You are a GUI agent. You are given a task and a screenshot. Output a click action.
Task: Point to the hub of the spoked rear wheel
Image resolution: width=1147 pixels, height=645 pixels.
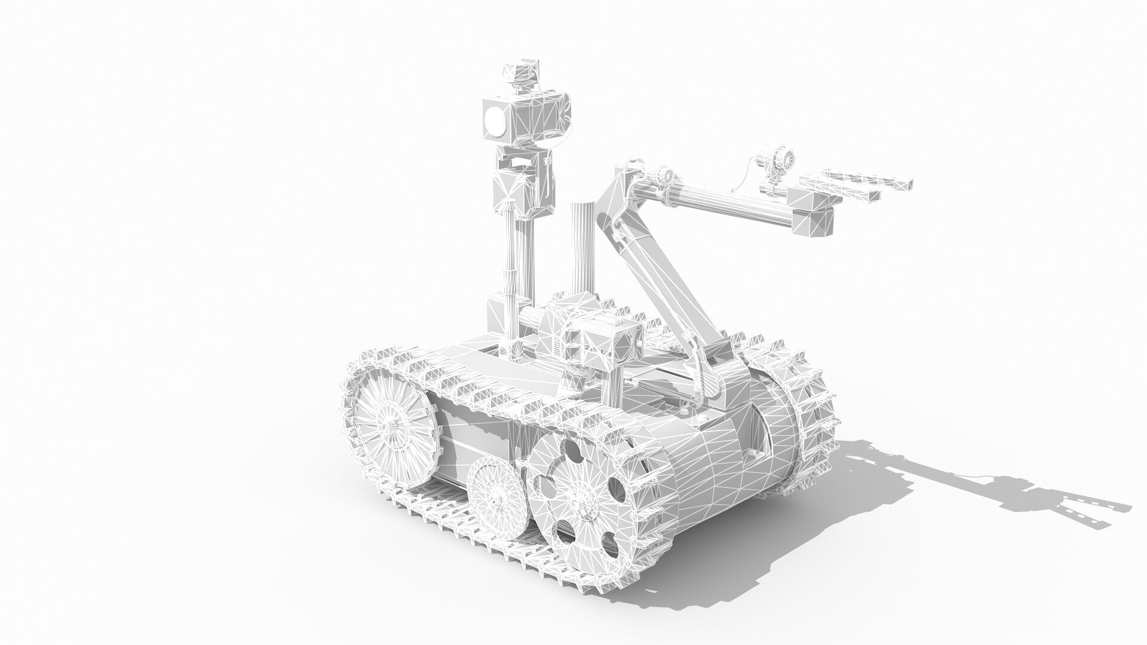click(391, 423)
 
